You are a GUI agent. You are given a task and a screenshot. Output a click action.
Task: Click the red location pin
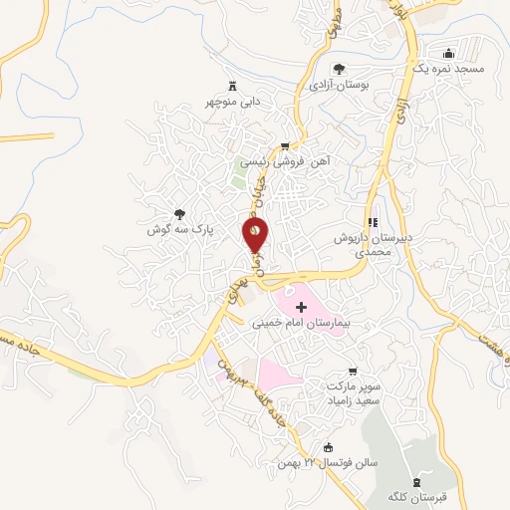click(x=255, y=235)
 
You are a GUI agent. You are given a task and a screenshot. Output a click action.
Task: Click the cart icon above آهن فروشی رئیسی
click(x=285, y=145)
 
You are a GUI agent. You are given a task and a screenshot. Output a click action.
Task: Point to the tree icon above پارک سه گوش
click(x=179, y=213)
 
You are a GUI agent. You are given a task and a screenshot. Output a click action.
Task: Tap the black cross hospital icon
click(x=301, y=308)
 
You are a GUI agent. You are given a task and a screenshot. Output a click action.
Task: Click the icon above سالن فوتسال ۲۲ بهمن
click(x=330, y=447)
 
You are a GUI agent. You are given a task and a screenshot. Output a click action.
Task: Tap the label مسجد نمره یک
click(x=463, y=69)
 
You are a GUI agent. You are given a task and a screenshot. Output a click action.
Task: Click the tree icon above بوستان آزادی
click(x=339, y=69)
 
